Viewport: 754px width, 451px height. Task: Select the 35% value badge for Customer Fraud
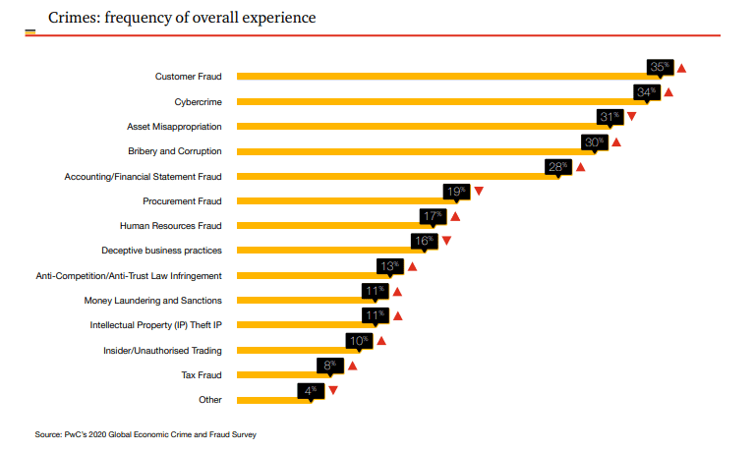tap(660, 67)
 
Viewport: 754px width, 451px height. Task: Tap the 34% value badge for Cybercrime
tap(646, 92)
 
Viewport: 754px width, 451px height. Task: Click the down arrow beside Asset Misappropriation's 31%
tap(631, 117)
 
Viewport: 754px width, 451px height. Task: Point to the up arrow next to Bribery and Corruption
tap(616, 142)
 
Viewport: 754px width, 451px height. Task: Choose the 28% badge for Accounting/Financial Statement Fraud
tap(558, 167)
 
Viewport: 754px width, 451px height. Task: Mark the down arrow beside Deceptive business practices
tap(446, 241)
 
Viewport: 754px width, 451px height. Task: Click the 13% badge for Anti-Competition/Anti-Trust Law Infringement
tap(390, 266)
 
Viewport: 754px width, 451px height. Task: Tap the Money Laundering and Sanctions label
tap(152, 300)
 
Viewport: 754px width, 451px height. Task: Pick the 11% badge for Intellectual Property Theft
tap(375, 315)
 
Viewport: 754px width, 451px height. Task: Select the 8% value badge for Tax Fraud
tap(328, 366)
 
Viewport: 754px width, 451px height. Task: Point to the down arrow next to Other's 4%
tap(333, 390)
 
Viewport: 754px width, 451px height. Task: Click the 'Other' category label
tap(209, 399)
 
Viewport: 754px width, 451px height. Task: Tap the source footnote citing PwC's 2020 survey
tap(145, 432)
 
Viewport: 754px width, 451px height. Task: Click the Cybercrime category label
tap(198, 101)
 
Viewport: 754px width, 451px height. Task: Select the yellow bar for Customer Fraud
tap(442, 76)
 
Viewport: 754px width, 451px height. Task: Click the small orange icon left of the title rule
tap(29, 33)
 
